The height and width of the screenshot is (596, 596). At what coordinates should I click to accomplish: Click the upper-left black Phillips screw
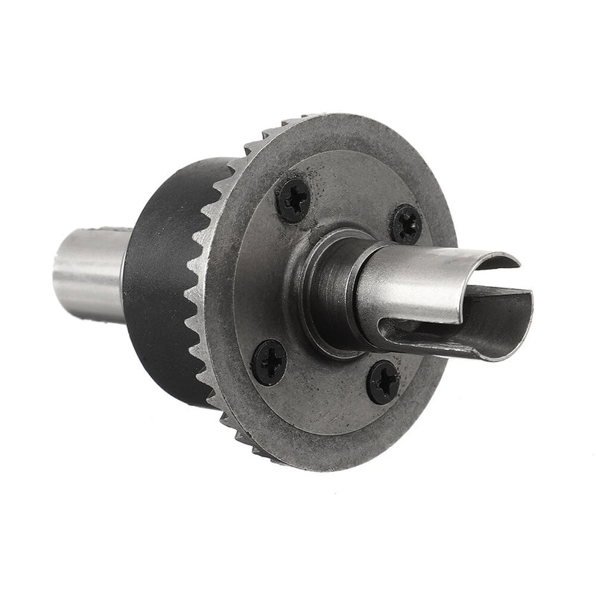pyautogui.click(x=293, y=199)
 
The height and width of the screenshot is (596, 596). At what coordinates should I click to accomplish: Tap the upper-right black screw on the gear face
pyautogui.click(x=407, y=223)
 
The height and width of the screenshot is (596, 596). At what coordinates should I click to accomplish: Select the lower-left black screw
pyautogui.click(x=270, y=362)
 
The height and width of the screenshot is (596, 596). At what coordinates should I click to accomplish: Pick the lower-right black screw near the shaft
pyautogui.click(x=384, y=382)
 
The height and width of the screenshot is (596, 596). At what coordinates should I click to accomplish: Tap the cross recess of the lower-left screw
pyautogui.click(x=270, y=362)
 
